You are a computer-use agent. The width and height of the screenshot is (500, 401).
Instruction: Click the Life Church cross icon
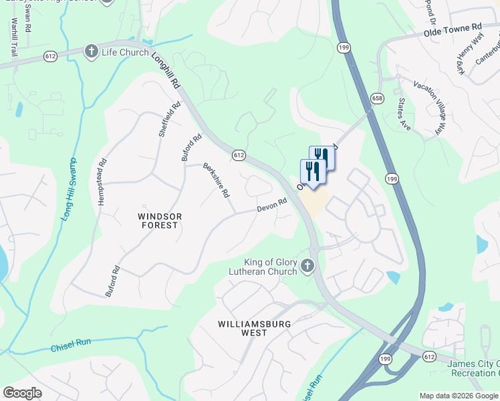pos(92,51)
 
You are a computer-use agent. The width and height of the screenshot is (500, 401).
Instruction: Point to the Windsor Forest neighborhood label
pos(158,221)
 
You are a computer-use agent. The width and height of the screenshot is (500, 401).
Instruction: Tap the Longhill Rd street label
pos(166,71)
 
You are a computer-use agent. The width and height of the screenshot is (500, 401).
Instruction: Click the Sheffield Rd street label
pos(170,120)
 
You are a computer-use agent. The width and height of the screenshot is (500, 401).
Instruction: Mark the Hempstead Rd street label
pos(102,181)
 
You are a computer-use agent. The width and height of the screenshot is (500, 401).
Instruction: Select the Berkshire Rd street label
pos(217,180)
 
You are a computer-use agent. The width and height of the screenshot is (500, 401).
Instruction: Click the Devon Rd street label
pos(272,205)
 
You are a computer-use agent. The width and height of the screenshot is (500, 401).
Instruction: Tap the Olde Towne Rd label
pos(453,30)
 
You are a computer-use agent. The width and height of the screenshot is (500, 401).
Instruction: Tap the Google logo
pos(23,393)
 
